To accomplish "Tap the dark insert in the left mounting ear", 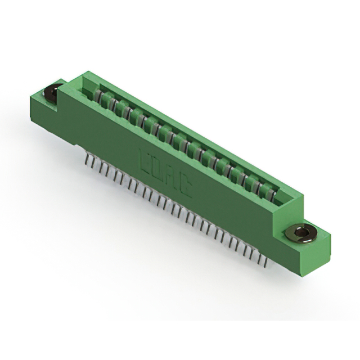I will click(54, 92).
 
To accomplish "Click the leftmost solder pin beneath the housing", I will click(85, 160).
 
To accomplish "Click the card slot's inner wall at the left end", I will click(90, 84).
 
